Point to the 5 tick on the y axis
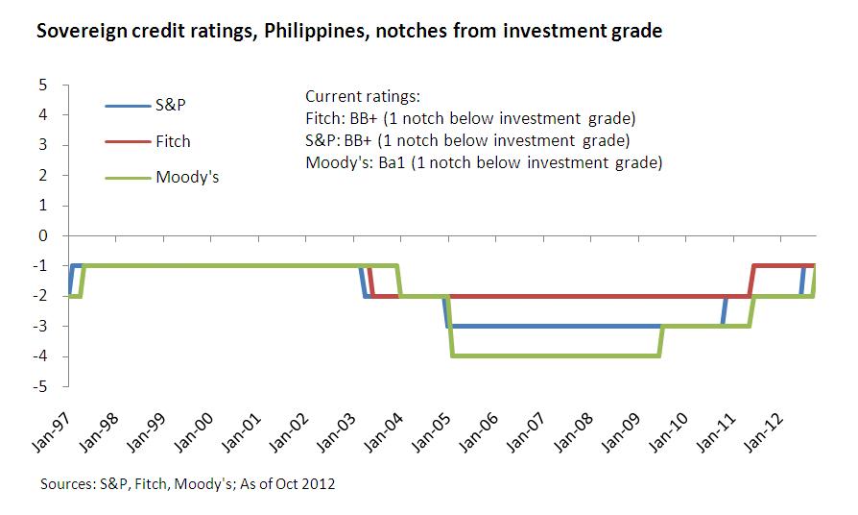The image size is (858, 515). click(42, 85)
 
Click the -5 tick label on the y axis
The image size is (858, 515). click(39, 387)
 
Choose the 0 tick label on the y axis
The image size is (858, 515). click(42, 235)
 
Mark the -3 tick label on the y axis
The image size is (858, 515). click(39, 327)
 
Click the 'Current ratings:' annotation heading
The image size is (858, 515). click(363, 98)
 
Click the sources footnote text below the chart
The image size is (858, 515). click(187, 483)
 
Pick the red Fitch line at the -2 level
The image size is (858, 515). click(576, 296)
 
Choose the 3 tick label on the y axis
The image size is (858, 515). click(42, 145)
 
